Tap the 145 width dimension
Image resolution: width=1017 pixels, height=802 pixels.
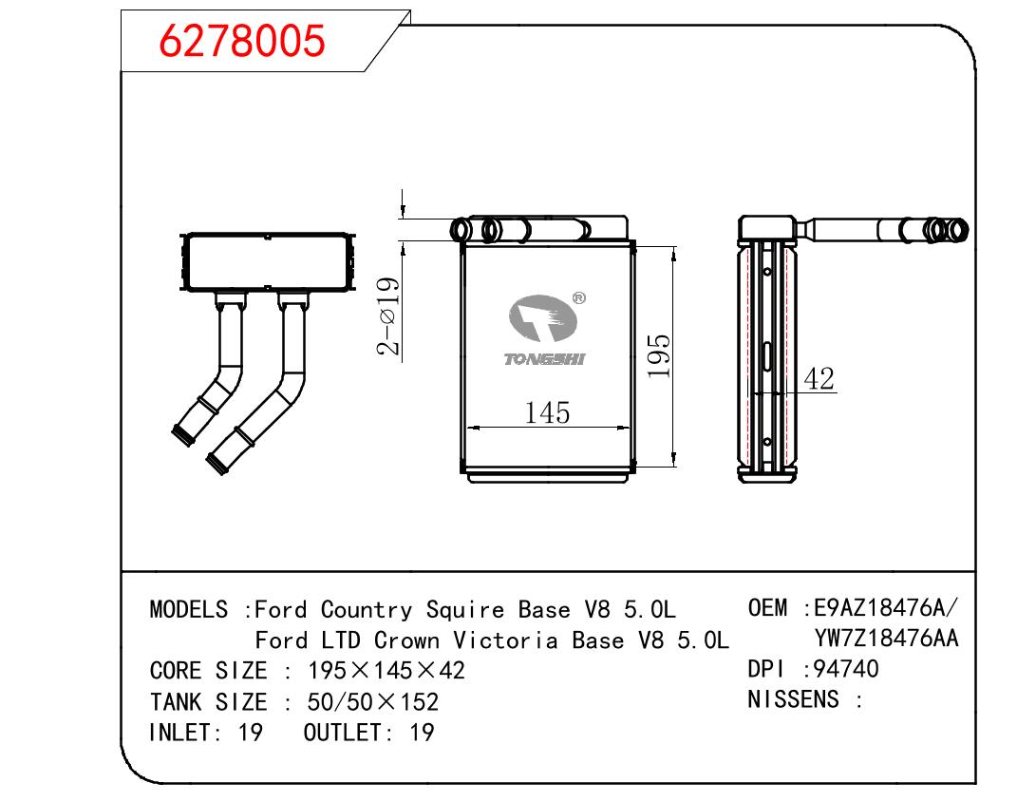coord(548,413)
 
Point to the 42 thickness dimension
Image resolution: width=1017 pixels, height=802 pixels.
coord(818,379)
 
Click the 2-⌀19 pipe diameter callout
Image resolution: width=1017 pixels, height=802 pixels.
coord(388,315)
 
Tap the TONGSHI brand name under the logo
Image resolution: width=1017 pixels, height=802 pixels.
coord(545,359)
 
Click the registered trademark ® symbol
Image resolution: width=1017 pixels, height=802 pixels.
coord(579,297)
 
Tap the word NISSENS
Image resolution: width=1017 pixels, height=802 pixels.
coord(794,700)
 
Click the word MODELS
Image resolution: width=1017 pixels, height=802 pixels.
coord(188,609)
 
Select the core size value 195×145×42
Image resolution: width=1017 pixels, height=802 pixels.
coord(386,671)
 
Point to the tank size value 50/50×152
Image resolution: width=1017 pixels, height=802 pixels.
coord(373,702)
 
